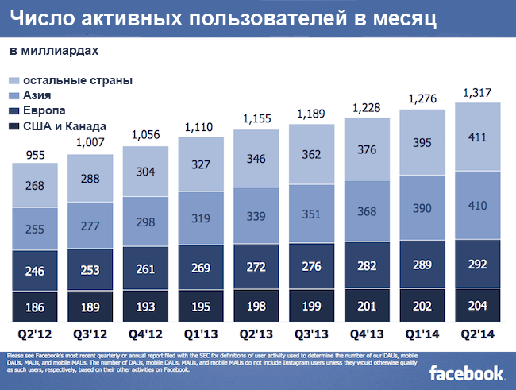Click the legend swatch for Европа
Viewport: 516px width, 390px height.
click(x=14, y=110)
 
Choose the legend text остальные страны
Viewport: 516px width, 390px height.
click(x=77, y=80)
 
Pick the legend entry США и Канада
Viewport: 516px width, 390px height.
click(x=64, y=125)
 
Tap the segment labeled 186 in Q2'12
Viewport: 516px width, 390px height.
click(x=35, y=306)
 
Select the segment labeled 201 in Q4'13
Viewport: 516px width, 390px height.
click(x=368, y=306)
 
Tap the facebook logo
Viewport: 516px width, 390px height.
click(x=467, y=373)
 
